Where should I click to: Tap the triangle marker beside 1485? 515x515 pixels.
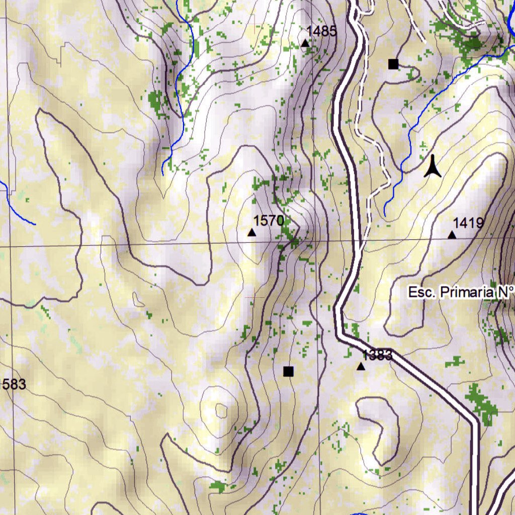pos(305,43)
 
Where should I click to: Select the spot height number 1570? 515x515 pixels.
pos(269,220)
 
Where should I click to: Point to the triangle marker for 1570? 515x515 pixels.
pos(251,232)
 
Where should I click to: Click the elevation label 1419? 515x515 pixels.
pos(468,223)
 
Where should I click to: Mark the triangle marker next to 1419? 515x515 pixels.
pos(452,235)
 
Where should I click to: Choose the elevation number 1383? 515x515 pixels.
pos(377,355)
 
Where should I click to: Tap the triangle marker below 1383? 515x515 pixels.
pos(361,367)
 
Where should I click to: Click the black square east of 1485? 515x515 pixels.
pos(393,64)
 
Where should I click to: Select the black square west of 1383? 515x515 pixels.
pos(288,372)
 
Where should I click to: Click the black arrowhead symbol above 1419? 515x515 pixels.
pos(433,167)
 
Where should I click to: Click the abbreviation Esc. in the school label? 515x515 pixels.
pos(421,292)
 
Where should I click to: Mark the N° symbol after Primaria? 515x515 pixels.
pos(506,292)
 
